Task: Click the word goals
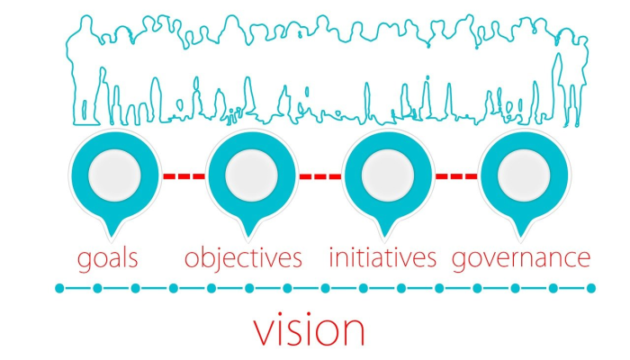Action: tap(107, 259)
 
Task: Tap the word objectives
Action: tap(243, 259)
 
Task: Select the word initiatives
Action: tap(382, 259)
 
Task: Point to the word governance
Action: tap(521, 259)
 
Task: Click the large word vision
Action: tap(309, 329)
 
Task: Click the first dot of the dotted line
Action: tap(59, 289)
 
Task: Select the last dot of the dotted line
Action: tap(590, 289)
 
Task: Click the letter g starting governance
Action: tap(459, 261)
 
